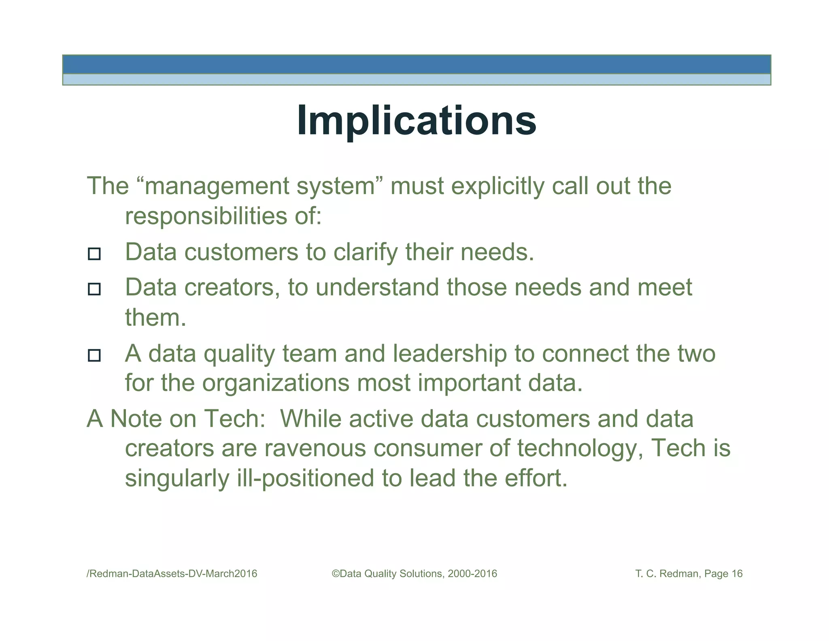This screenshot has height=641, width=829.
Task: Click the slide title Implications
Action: (417, 120)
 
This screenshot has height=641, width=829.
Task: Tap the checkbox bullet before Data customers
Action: (94, 254)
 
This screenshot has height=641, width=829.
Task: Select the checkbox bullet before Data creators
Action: (94, 289)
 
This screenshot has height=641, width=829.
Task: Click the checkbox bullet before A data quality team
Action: (94, 355)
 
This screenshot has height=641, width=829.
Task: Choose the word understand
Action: (377, 287)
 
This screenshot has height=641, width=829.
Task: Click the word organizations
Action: (276, 383)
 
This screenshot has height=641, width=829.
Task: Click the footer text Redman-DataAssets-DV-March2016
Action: (172, 573)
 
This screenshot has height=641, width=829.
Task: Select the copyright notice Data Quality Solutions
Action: (414, 573)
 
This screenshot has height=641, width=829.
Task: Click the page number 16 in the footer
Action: (737, 573)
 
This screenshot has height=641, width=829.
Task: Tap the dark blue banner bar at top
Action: (417, 64)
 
